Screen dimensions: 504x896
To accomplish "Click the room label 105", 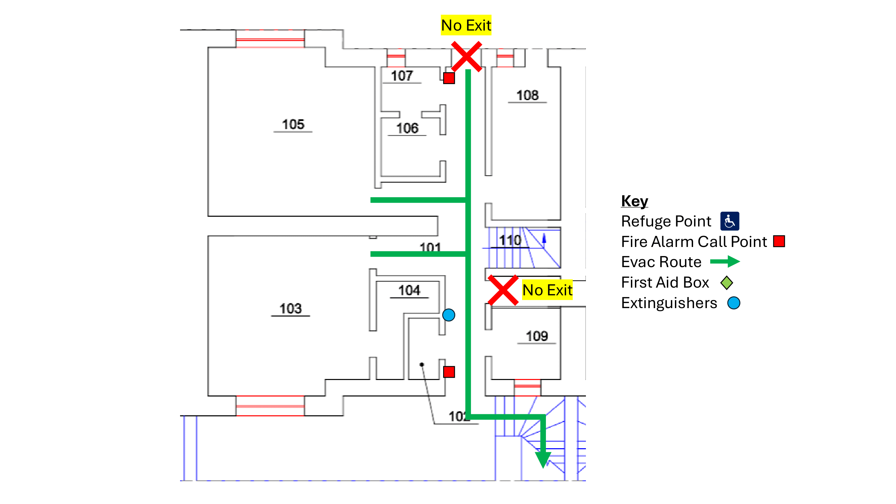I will (x=293, y=125).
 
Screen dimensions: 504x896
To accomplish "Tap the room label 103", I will (x=290, y=308).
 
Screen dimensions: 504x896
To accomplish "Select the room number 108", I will (x=527, y=95).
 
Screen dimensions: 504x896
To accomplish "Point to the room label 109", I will (x=537, y=336).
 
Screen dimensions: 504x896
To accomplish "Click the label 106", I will (x=407, y=128).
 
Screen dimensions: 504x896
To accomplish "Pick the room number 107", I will (x=402, y=76).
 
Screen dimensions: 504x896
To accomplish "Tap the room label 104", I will (x=409, y=290).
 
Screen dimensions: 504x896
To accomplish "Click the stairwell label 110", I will (x=510, y=240).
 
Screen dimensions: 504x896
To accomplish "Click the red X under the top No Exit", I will (x=466, y=56).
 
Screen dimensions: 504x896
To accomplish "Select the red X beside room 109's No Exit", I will (x=503, y=290).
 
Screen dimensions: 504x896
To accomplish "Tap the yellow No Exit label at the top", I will (x=466, y=25).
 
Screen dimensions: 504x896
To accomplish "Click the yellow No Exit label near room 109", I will (x=547, y=290).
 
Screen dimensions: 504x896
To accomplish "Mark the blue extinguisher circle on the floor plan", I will (x=449, y=315).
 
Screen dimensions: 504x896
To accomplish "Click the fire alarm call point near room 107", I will (x=449, y=78).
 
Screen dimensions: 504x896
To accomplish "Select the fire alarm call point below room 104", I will (x=449, y=372).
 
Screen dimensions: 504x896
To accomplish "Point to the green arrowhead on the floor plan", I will (x=543, y=459).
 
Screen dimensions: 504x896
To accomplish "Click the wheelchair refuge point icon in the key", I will (x=729, y=221).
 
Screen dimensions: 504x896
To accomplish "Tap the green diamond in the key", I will (x=727, y=283).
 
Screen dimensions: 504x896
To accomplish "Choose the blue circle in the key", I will (x=734, y=303).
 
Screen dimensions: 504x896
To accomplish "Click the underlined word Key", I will (x=634, y=201).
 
